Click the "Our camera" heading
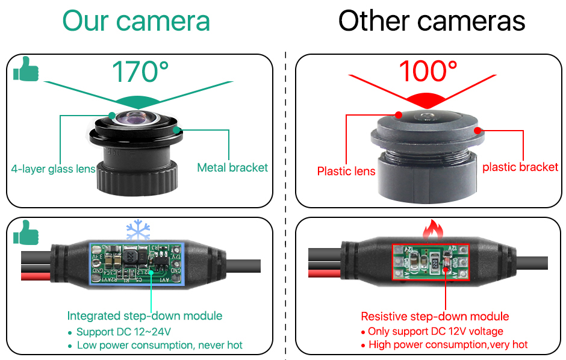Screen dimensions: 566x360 136,21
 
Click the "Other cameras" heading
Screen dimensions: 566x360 432,21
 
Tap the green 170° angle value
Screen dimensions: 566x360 140,72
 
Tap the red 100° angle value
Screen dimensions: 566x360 428,71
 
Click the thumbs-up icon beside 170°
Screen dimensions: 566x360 26,69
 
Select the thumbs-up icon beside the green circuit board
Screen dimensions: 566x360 26,232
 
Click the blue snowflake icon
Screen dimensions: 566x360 138,230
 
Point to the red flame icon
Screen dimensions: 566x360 433,230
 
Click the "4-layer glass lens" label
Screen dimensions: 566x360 53,169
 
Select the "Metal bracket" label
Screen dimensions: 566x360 232,167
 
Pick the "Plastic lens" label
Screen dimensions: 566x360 346,171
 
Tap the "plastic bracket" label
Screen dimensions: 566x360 520,167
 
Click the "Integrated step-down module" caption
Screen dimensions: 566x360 145,315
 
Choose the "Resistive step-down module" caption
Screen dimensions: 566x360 435,316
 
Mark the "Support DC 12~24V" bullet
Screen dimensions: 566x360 123,332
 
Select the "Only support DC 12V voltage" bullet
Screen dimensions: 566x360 435,331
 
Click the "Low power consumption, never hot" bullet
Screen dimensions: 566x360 160,345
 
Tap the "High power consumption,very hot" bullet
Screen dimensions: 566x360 448,344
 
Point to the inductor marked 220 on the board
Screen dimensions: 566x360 130,257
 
